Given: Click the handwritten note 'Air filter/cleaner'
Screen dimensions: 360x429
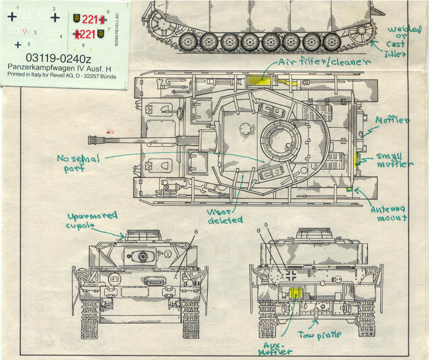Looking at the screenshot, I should [x=324, y=63].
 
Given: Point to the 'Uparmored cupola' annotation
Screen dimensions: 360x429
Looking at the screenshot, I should [x=91, y=220].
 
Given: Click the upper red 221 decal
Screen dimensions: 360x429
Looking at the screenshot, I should [x=91, y=19].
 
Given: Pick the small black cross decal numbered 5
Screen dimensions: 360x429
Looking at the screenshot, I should [x=17, y=45].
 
